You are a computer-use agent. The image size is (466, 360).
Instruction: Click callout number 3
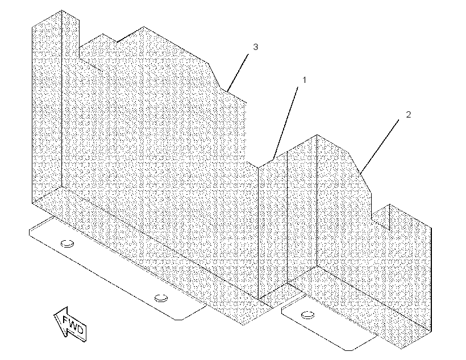[255, 47]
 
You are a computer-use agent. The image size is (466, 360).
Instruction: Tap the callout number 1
[304, 80]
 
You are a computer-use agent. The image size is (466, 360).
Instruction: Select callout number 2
[409, 115]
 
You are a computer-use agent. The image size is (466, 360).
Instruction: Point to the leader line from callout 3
[238, 73]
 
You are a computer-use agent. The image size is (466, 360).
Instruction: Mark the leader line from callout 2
[380, 146]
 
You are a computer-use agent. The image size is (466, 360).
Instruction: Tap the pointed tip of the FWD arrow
[54, 314]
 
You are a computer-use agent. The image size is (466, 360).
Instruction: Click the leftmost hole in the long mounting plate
[67, 244]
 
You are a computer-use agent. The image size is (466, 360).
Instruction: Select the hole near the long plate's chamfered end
[161, 298]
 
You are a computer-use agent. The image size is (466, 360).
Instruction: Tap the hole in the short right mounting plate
[307, 315]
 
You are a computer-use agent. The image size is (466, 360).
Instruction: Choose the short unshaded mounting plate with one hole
[327, 324]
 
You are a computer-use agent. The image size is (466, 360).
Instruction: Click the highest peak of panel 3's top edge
[144, 27]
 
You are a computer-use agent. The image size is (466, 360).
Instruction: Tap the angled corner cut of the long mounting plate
[193, 312]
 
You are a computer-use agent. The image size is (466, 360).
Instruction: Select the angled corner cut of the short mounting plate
[363, 343]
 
